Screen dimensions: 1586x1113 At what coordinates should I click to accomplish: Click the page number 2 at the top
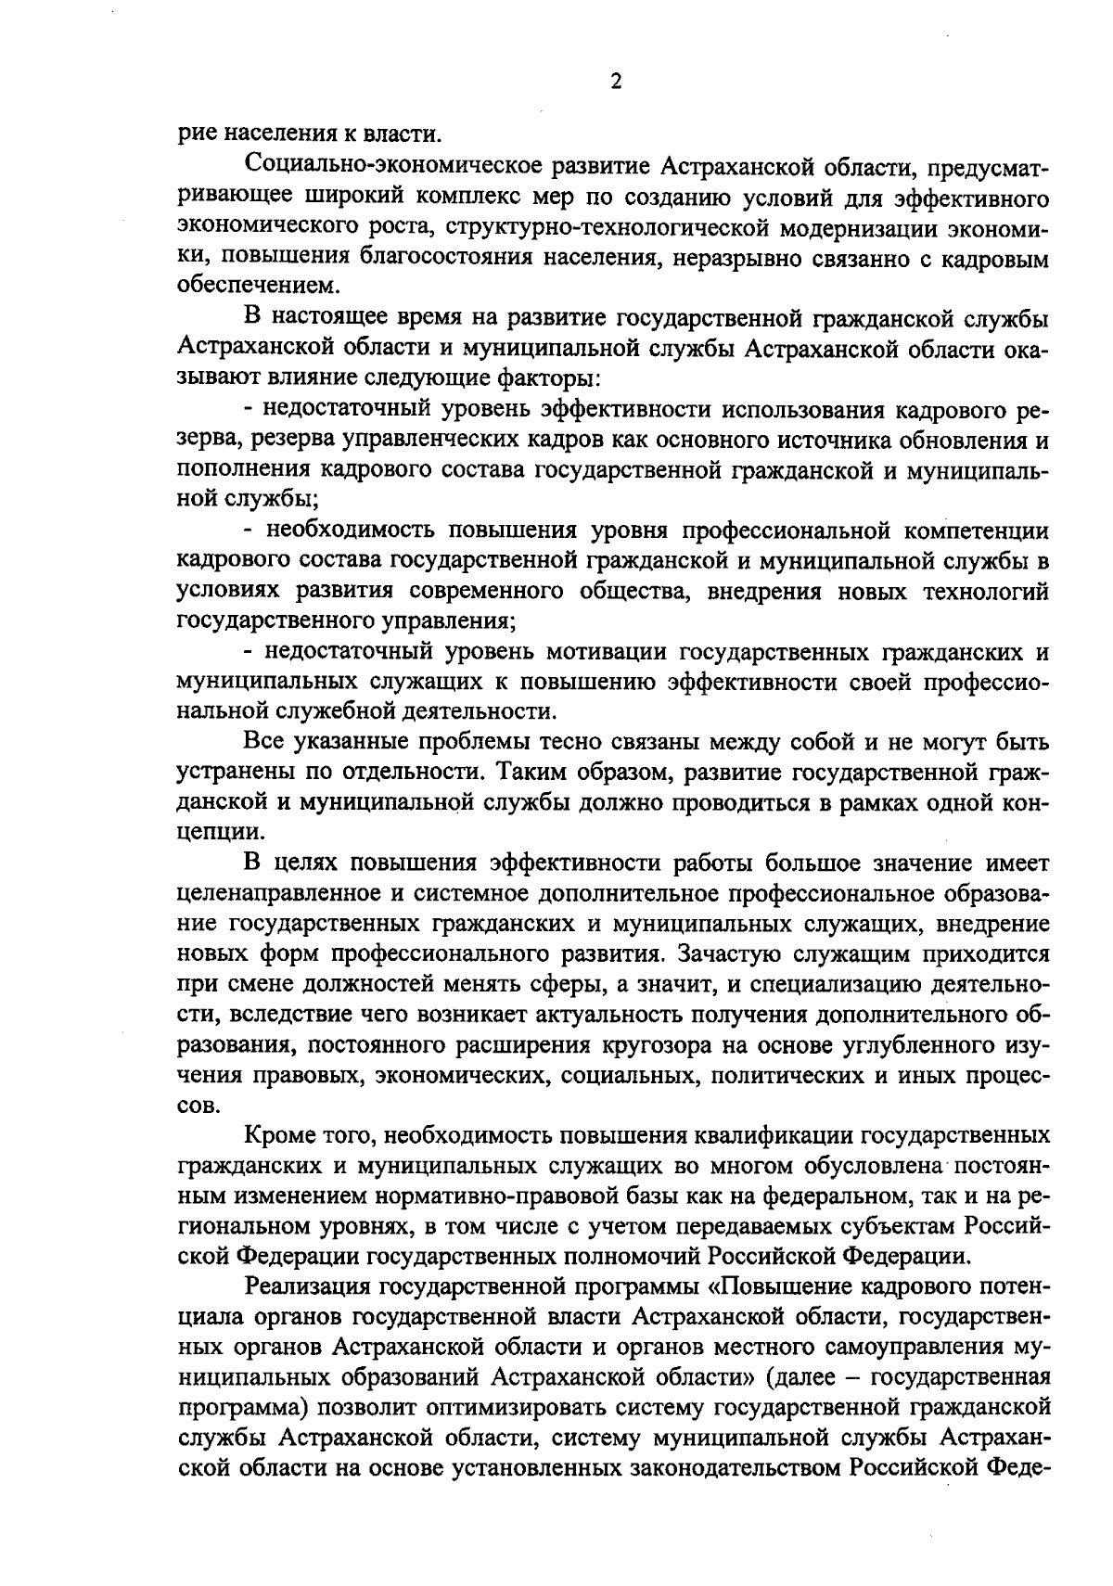615,81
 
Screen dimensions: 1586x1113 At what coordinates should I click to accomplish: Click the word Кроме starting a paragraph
277,1135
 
